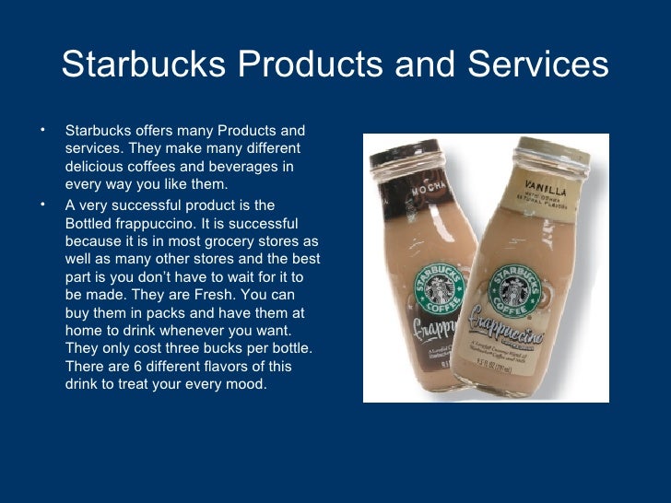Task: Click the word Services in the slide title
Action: click(x=537, y=64)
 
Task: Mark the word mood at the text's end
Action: click(x=247, y=384)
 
